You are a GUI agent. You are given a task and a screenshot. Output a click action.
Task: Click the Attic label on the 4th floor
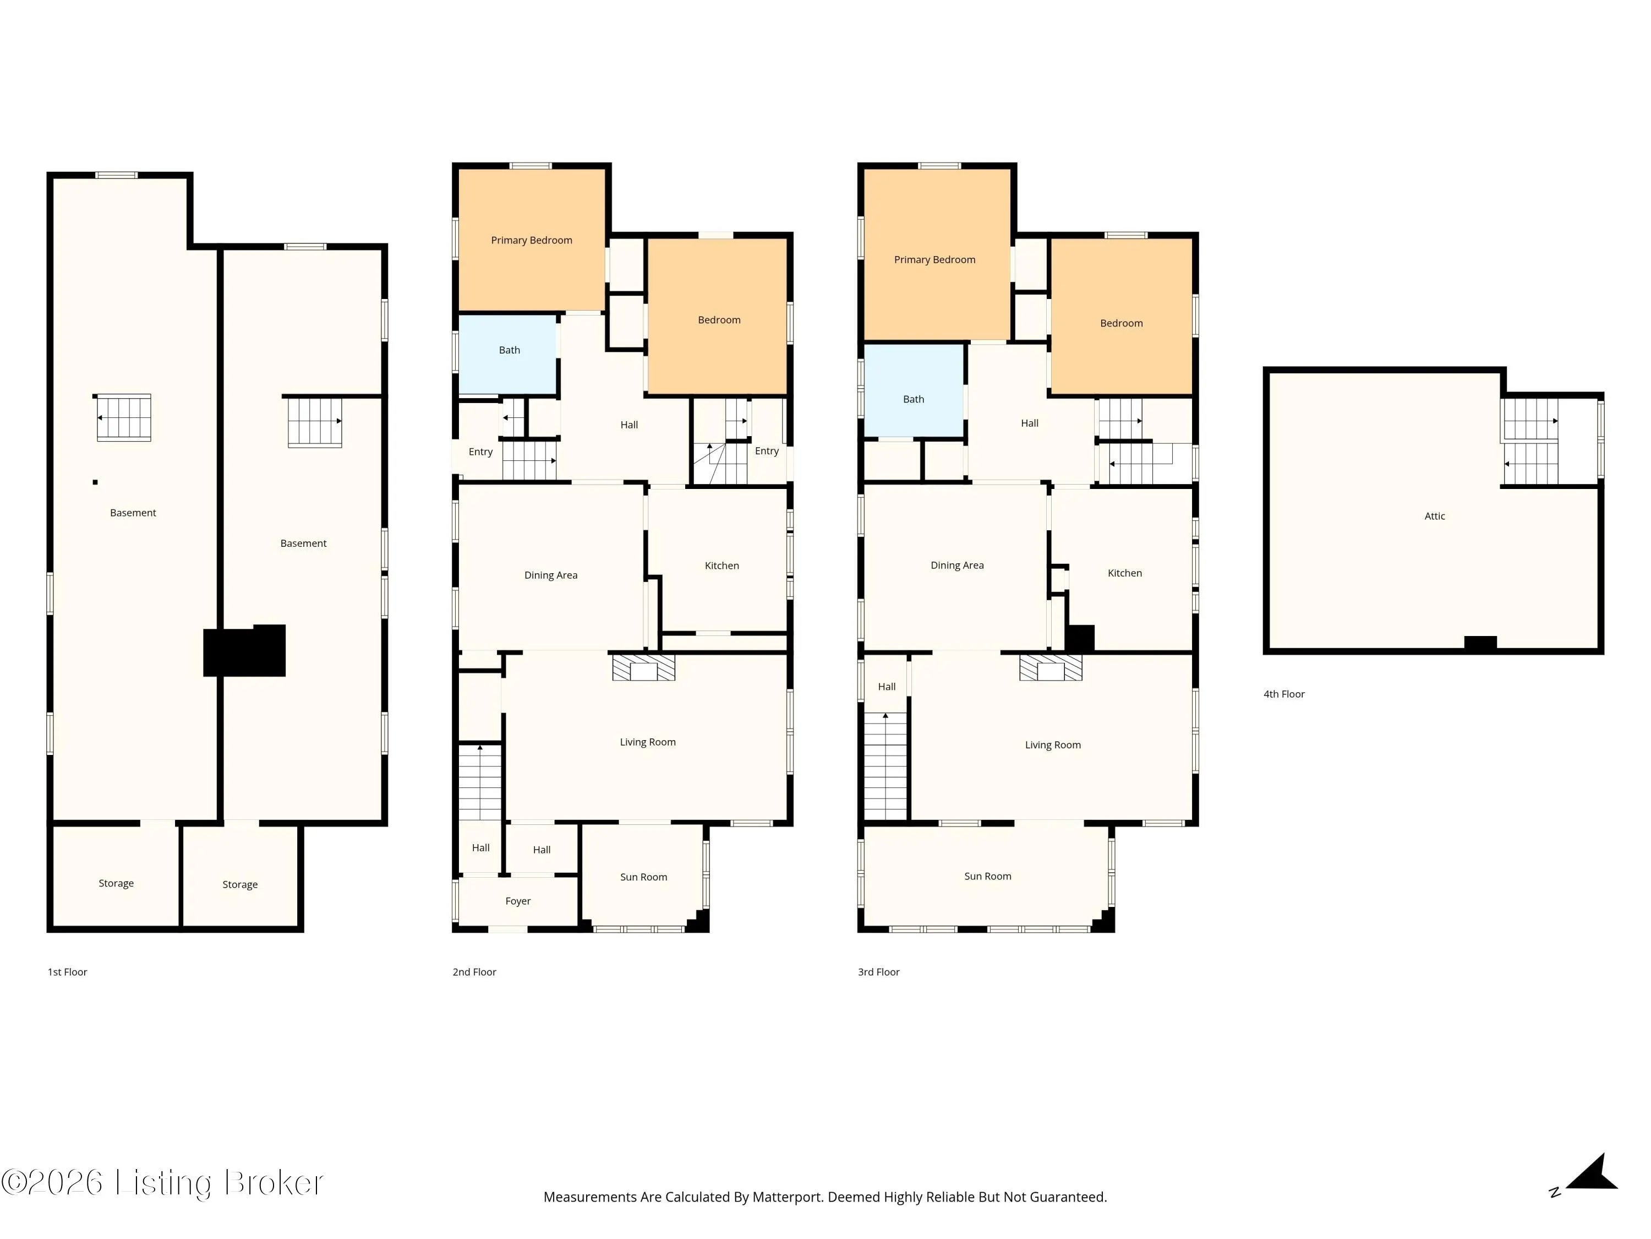1435,516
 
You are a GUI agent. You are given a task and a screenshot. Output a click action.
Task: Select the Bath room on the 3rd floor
914,390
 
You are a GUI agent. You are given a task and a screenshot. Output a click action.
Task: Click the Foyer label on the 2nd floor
518,901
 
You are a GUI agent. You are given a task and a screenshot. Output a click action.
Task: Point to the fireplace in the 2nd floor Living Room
643,667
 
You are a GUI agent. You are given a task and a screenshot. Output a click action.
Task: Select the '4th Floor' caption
1284,694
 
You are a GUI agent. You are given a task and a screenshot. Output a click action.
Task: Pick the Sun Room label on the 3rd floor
987,876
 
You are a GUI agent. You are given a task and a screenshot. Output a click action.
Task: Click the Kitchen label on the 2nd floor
721,566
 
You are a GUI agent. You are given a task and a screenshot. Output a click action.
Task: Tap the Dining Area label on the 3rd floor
957,566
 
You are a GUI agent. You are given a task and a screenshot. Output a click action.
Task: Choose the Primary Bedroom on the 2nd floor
532,239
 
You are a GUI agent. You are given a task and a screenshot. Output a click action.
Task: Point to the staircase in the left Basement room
124,417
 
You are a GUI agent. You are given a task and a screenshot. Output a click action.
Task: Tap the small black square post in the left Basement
95,482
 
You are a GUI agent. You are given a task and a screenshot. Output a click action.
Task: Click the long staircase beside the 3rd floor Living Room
885,767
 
